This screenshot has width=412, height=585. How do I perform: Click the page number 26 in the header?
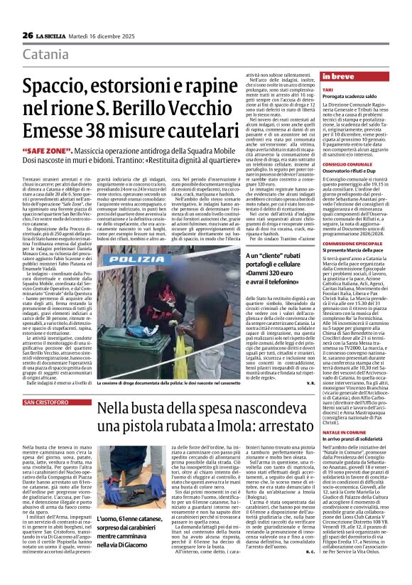[28, 35]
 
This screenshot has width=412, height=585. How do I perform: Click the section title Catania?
[46, 55]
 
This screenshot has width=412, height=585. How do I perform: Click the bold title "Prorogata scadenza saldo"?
[350, 98]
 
